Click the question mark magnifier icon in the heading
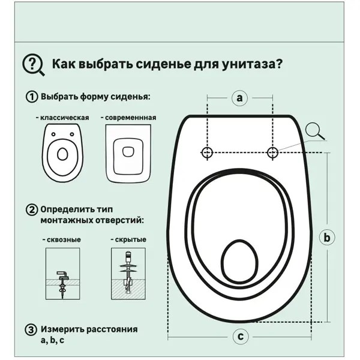32,64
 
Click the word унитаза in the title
251,64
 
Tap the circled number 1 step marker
30,97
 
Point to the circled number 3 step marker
30,329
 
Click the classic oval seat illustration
63,154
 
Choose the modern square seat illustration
127,154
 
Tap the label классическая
62,118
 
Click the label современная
128,118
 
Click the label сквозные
62,239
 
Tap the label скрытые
128,239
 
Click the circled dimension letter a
239,97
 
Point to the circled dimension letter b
327,238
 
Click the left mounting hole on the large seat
207,152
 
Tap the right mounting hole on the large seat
272,152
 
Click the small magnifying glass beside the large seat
314,130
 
